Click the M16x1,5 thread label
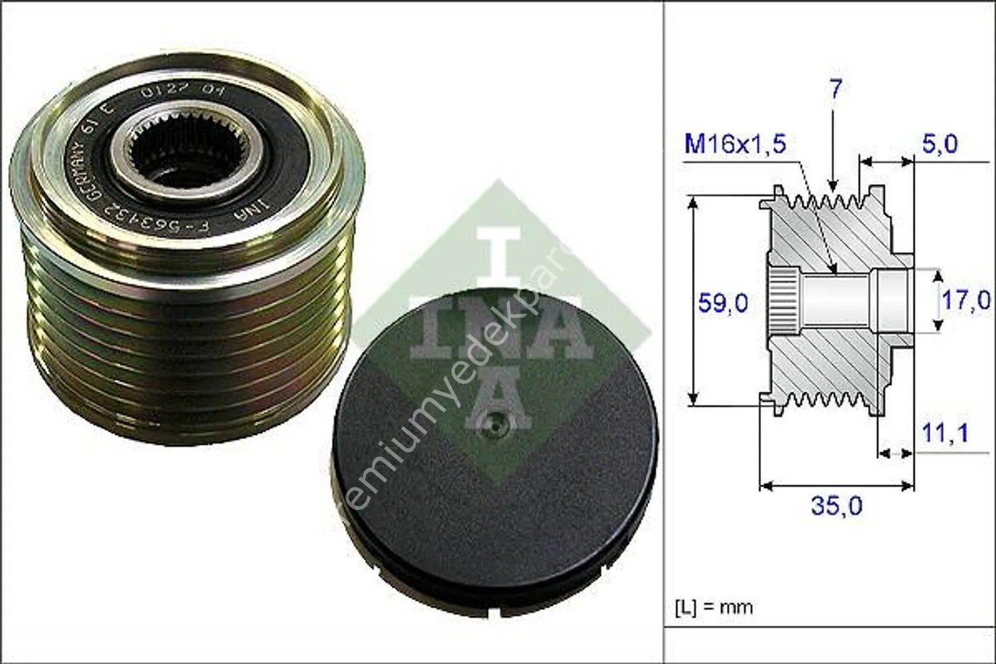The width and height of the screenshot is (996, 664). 735,144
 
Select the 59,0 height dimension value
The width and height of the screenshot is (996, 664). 722,303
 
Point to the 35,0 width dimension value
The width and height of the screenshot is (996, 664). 836,507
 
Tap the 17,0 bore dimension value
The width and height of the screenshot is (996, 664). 966,299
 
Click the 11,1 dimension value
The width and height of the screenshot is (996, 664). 945,434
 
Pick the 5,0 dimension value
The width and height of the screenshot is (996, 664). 940,144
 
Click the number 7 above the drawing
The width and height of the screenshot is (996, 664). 835,90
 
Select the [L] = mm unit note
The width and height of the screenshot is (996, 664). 714,607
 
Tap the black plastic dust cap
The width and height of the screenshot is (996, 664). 495,465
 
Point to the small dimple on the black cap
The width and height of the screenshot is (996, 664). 492,423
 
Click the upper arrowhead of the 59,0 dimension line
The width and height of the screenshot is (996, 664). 694,201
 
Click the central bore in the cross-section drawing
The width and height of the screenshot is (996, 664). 837,301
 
